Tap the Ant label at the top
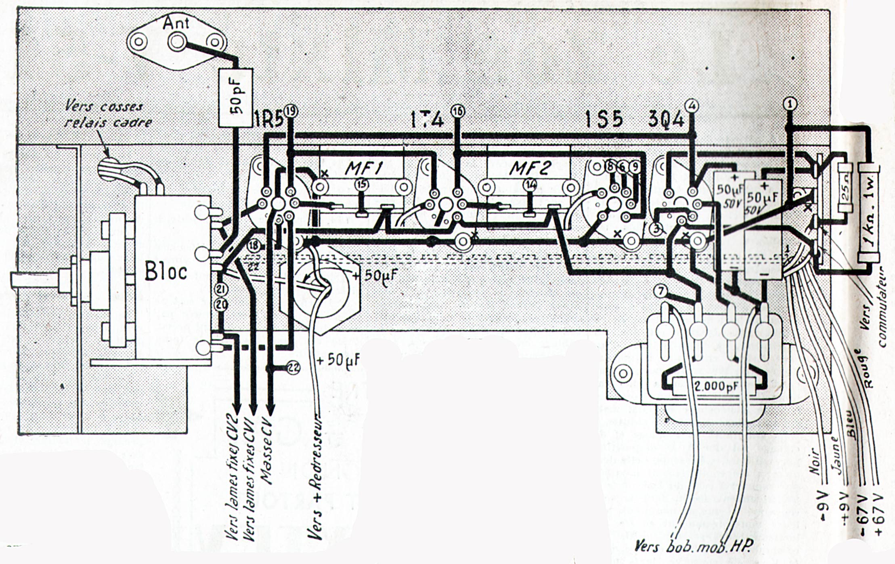176,23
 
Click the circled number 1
790,104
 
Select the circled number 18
254,245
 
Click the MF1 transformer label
364,168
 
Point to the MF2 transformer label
530,168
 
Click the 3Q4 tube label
666,120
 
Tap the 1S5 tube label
604,120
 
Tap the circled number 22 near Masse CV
293,367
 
